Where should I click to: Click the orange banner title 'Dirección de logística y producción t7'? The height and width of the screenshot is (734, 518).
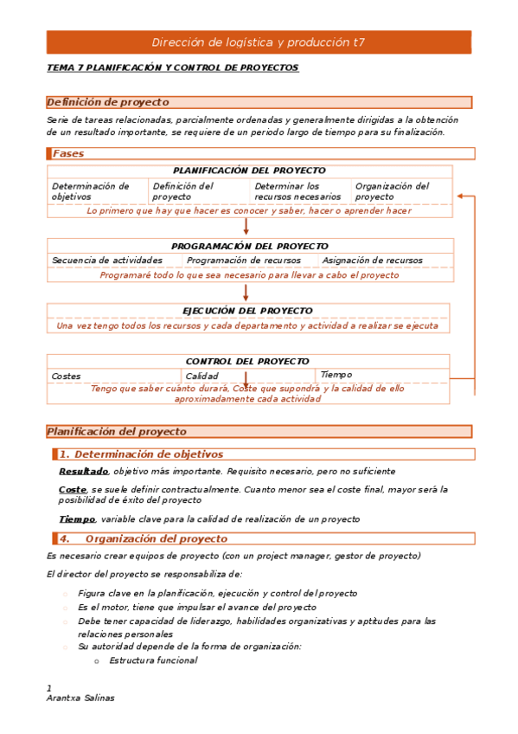click(259, 42)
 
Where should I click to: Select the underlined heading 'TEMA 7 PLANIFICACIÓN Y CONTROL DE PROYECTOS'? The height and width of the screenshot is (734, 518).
click(172, 68)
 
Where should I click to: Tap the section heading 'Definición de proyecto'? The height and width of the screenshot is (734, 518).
click(108, 102)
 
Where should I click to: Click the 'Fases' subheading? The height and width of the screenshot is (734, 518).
click(68, 153)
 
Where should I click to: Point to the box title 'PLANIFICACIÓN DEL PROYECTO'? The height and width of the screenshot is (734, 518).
click(249, 171)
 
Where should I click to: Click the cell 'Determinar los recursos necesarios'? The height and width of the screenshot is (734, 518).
click(297, 191)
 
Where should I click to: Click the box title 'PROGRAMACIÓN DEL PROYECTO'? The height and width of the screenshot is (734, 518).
click(249, 246)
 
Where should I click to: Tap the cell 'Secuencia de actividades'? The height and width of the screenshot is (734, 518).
click(107, 261)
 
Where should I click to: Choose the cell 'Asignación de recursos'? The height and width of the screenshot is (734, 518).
click(372, 261)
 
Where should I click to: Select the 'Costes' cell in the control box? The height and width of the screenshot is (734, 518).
click(67, 377)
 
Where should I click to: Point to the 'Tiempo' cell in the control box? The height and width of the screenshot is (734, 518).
click(336, 375)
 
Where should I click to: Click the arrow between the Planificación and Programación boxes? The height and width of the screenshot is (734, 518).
click(246, 227)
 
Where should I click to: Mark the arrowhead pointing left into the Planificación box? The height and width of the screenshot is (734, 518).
click(461, 196)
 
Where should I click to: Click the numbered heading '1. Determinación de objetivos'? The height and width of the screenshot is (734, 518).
click(141, 454)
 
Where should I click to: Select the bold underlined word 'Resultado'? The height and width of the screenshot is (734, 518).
click(83, 472)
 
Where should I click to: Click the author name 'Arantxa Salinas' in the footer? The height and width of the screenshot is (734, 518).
click(80, 699)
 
